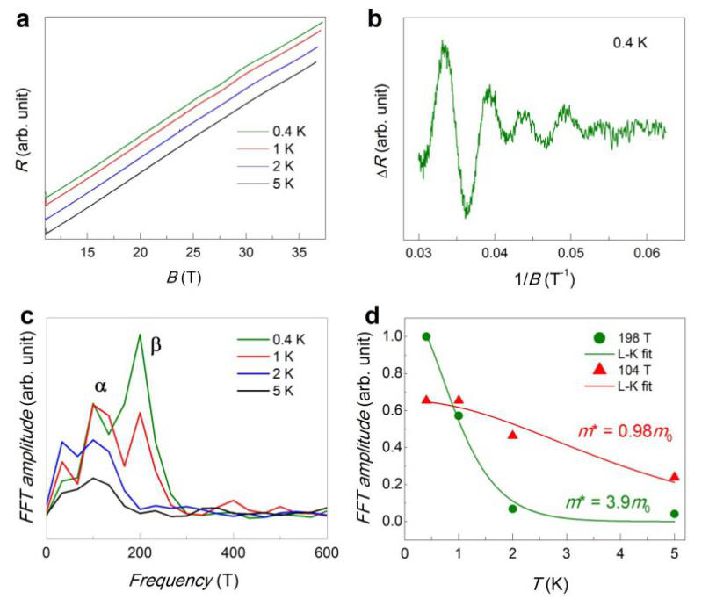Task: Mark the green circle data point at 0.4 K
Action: [x=427, y=336]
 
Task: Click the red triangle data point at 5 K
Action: [x=674, y=477]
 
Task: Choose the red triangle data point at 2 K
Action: [x=513, y=435]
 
